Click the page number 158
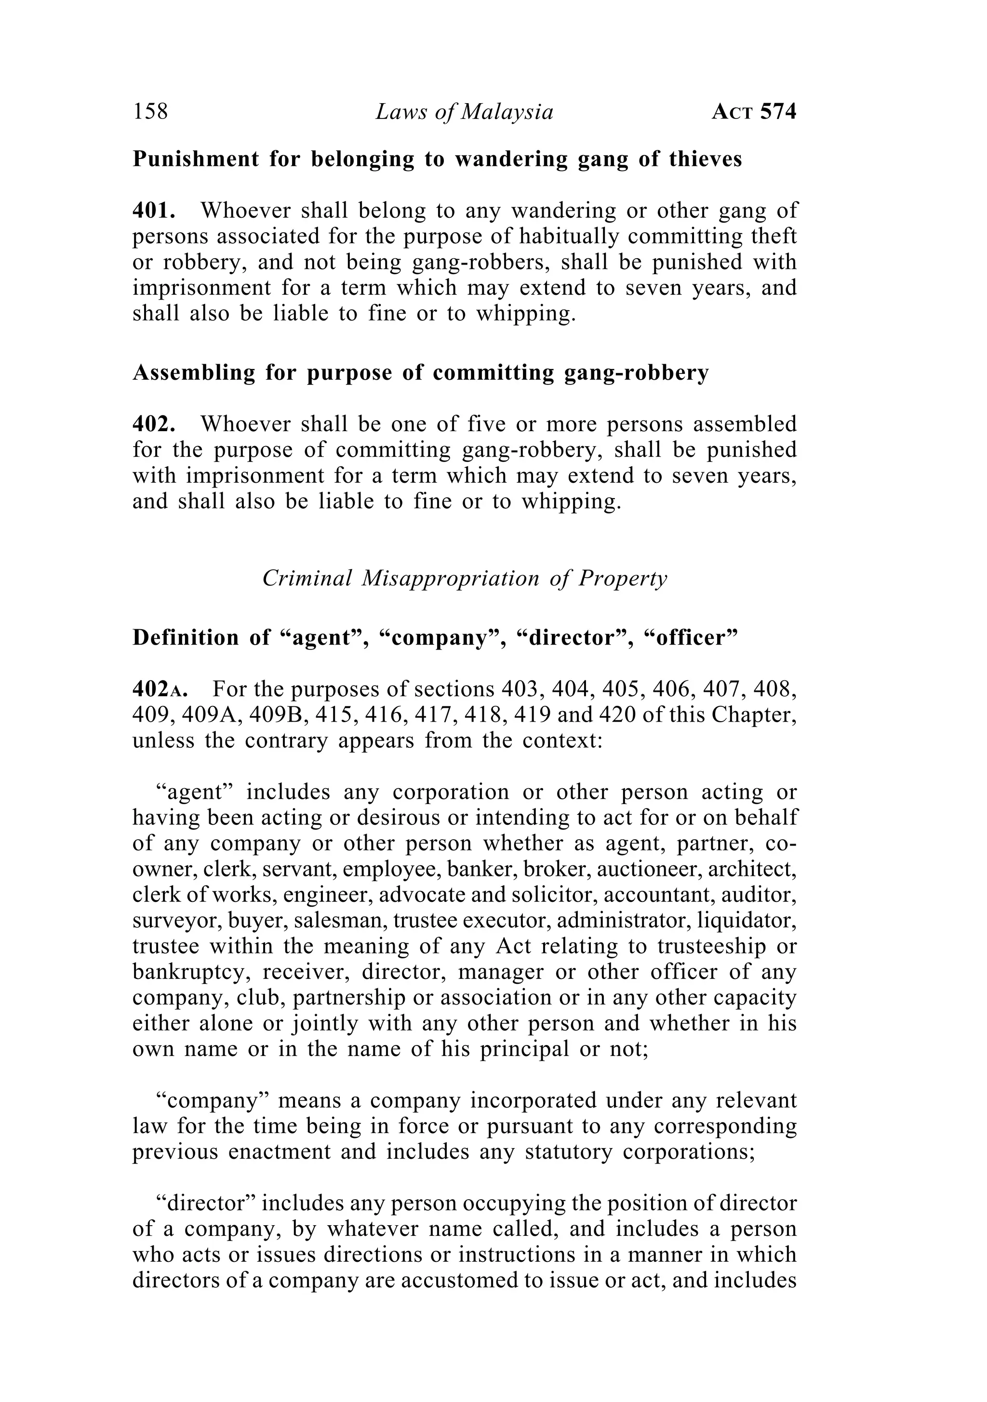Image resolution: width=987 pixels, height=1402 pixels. (150, 112)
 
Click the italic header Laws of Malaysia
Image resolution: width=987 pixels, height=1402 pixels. (464, 112)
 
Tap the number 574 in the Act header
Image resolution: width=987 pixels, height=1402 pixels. (778, 112)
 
